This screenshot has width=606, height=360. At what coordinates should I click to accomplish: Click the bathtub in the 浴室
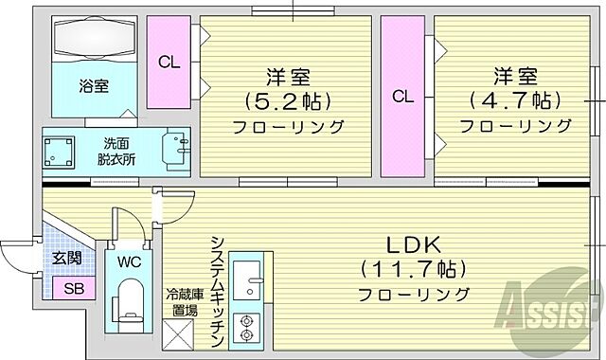[x=92, y=41]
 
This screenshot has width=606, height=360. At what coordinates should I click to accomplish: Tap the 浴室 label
[x=93, y=85]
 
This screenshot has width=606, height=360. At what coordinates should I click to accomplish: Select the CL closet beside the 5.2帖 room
[x=169, y=63]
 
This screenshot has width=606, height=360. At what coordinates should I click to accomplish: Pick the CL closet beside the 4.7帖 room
[x=403, y=96]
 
